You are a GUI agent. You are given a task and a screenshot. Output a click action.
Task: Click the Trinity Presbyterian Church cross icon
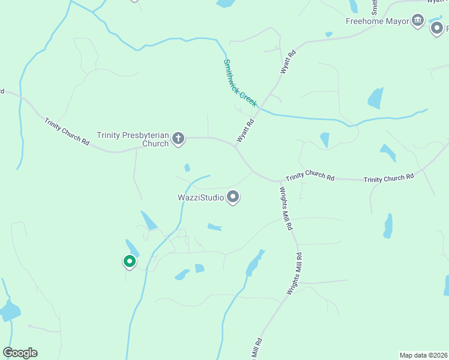pos(178,139)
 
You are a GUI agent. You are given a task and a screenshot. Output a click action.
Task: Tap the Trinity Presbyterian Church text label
pos(134,139)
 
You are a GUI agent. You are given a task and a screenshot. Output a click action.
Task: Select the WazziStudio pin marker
pos(234,197)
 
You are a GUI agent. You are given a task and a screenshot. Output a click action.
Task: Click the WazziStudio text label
pos(200,197)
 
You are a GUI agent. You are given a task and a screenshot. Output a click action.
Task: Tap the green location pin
pos(129,261)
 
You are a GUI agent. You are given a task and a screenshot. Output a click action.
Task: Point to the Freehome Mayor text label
pos(377,21)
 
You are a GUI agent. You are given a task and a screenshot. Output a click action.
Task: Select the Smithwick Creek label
pos(240,83)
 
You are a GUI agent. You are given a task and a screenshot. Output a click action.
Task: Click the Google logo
pos(20,352)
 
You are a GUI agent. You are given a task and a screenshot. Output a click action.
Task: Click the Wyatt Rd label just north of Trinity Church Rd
pos(246,130)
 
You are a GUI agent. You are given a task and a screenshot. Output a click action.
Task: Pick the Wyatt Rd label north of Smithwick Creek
pos(289,62)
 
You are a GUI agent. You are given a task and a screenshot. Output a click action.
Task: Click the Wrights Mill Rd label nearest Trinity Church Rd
pos(285,208)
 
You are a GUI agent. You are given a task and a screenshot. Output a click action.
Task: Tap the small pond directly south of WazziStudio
pos(214,227)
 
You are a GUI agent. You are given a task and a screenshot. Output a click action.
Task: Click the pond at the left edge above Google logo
pos(9,310)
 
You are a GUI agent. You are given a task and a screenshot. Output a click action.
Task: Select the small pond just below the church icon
pos(187,167)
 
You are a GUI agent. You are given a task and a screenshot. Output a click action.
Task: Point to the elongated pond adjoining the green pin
pos(131,247)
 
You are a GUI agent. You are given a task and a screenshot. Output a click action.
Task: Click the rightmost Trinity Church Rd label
pos(389,178)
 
